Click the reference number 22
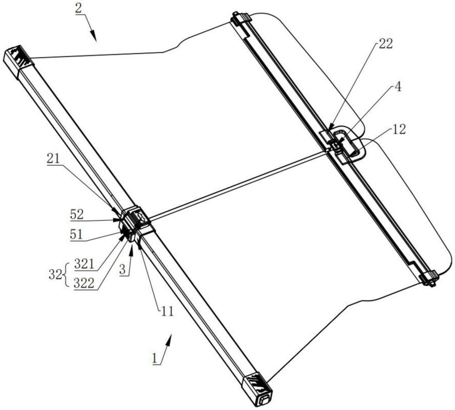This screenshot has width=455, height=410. [x=386, y=44]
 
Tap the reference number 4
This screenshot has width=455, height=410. [x=399, y=87]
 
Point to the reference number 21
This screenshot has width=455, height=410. [x=53, y=159]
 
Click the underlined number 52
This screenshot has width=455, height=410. [x=77, y=215]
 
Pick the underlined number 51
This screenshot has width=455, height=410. [x=76, y=234]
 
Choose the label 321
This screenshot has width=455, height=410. [x=84, y=264]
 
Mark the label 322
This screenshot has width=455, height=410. [x=84, y=283]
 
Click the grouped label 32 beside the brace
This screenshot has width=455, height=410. [x=55, y=274]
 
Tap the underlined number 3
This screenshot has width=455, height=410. [x=122, y=269]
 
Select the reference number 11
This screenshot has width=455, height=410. [x=167, y=311]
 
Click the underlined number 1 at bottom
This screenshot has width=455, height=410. [x=155, y=358]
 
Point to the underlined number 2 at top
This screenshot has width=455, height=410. [x=78, y=8]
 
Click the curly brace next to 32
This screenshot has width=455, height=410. [x=65, y=274]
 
